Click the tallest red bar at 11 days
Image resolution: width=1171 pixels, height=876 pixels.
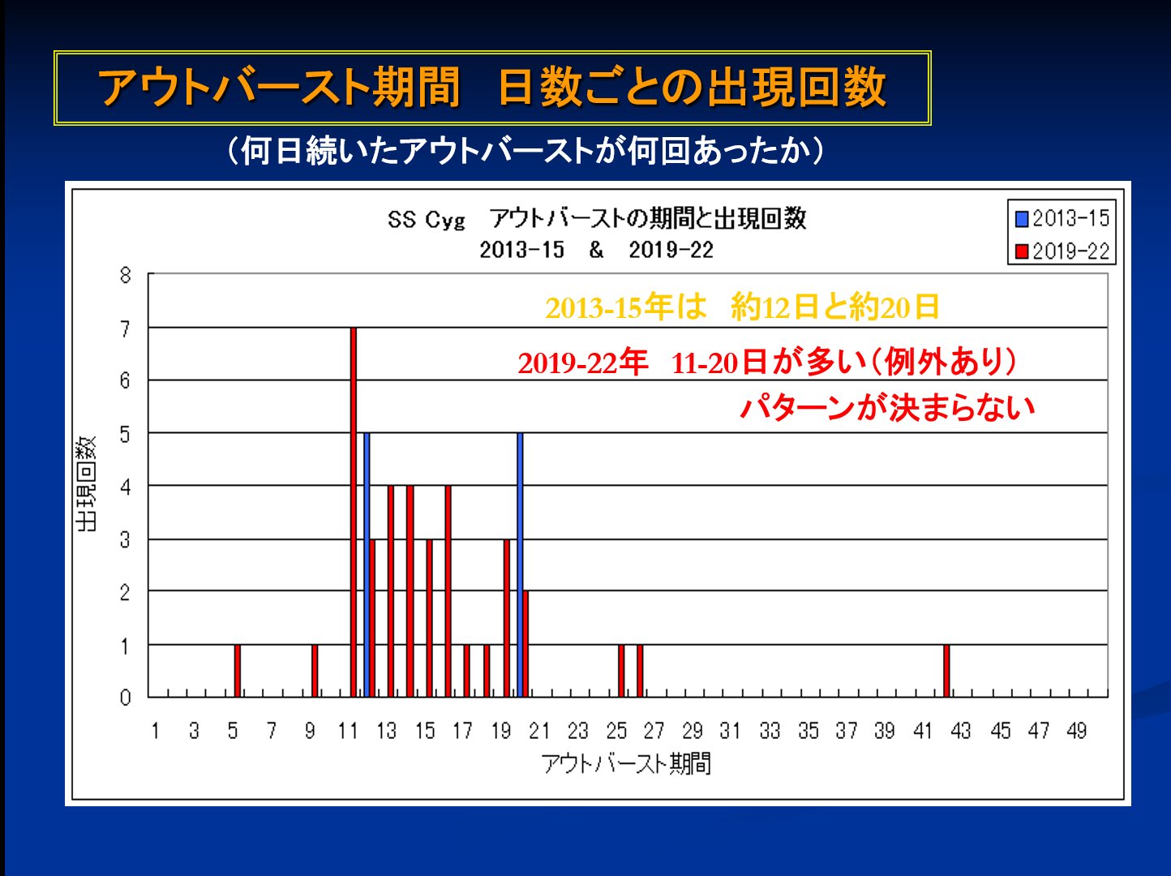coord(354,511)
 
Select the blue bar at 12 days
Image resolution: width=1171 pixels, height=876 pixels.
coord(367,564)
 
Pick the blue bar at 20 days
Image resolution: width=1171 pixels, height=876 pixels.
coord(520,564)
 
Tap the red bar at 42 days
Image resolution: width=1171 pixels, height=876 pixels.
coord(946,671)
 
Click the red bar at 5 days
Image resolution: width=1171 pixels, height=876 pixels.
coord(238,671)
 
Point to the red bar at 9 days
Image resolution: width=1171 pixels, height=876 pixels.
coord(315,671)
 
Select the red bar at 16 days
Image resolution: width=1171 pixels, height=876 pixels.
coord(448,590)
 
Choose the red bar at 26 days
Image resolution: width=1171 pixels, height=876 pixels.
coord(640,671)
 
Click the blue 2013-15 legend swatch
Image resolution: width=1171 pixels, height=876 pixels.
coord(1022,219)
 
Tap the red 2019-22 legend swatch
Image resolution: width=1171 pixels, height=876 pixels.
coord(1022,251)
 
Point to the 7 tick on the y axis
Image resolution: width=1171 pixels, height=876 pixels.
coord(125,328)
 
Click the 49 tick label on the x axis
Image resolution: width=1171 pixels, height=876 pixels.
coord(1076,731)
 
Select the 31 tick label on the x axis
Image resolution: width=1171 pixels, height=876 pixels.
coord(731,731)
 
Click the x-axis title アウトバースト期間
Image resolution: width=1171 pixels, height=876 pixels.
coord(626,763)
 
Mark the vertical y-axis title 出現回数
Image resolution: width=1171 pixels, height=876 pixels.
coord(86,484)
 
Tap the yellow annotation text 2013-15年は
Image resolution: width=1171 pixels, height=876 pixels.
coord(626,307)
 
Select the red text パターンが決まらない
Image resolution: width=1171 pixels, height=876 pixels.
coord(888,407)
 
